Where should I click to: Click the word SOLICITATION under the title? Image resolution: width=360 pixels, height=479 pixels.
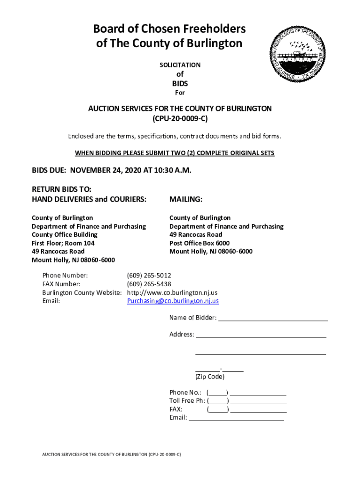pyautogui.click(x=180, y=65)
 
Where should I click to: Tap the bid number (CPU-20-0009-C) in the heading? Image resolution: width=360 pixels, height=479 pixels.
pyautogui.click(x=180, y=119)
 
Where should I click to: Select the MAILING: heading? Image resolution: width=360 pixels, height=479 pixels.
pyautogui.click(x=186, y=200)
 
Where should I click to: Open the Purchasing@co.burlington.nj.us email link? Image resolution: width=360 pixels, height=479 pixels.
pyautogui.click(x=173, y=301)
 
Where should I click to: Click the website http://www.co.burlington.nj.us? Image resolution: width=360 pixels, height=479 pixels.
pyautogui.click(x=172, y=292)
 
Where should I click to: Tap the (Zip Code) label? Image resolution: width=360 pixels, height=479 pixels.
pyautogui.click(x=210, y=377)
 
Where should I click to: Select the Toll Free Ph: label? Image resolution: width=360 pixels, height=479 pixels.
pyautogui.click(x=187, y=401)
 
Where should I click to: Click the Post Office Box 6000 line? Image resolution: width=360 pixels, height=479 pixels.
pyautogui.click(x=199, y=243)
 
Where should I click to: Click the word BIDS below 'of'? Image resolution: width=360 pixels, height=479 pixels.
pyautogui.click(x=180, y=83)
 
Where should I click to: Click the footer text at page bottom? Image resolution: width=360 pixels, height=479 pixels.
pyautogui.click(x=111, y=454)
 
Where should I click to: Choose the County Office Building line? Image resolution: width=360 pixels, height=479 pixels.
pyautogui.click(x=65, y=235)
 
